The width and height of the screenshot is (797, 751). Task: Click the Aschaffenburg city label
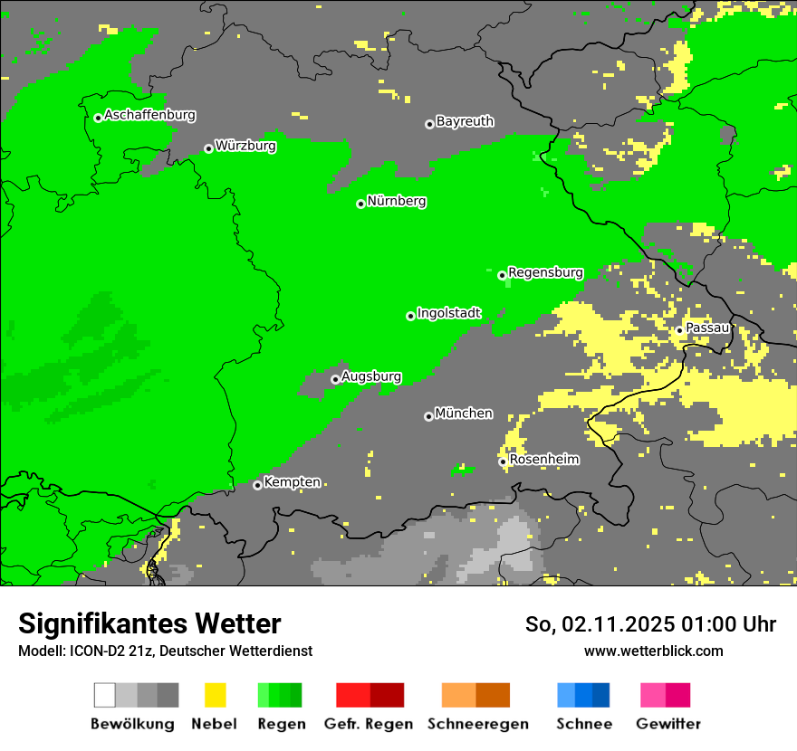[149, 115]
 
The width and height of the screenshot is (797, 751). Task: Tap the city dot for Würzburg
[208, 148]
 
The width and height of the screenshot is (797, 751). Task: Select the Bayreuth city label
[465, 121]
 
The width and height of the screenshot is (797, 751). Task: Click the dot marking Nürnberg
[360, 204]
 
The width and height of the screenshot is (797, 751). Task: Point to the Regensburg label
[545, 272]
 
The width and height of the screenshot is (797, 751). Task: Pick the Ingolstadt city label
[448, 313]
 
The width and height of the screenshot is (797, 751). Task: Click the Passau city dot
[679, 330]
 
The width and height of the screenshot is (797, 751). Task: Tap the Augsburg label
[370, 376]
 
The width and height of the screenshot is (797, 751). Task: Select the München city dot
[428, 416]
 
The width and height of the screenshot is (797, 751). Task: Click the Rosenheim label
[544, 460]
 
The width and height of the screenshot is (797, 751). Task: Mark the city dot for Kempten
[257, 485]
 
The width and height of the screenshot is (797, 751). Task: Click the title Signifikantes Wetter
[149, 624]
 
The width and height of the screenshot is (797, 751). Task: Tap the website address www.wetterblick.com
[653, 651]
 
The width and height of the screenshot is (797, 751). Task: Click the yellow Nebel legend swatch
[215, 695]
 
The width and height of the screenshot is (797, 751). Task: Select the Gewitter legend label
[667, 724]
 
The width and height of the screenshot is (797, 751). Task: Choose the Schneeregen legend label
[477, 724]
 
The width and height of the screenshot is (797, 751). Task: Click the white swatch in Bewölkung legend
[105, 695]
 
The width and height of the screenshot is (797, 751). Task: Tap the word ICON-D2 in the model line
[92, 651]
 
